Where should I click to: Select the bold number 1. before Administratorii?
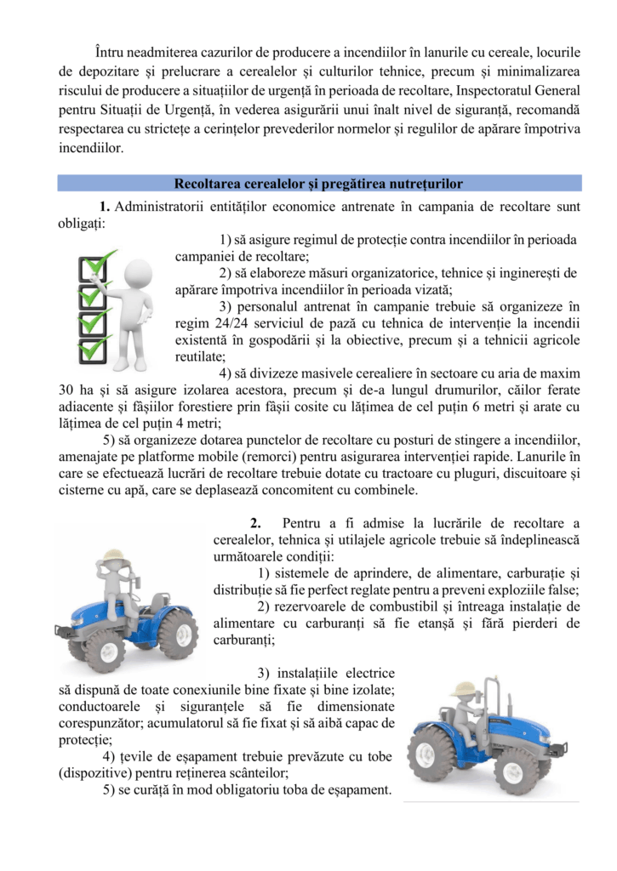point(105,207)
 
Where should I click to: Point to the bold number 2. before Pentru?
point(254,522)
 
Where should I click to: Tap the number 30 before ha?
point(67,390)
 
